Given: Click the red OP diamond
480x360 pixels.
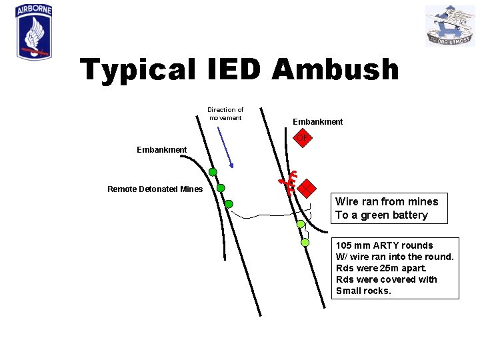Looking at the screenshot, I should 303,138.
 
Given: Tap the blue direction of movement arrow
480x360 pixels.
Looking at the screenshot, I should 225,147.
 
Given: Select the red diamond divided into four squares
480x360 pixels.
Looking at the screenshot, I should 306,189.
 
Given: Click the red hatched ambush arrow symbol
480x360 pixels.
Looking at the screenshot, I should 287,182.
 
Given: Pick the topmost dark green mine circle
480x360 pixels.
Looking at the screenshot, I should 213,172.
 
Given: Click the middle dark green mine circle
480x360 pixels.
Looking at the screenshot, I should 221,188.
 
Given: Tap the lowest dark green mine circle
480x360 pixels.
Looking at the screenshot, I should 229,204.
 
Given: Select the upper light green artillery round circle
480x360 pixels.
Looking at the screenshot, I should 301,224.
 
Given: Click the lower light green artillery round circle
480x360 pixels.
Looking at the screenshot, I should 305,242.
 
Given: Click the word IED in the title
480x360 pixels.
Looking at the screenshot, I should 230,69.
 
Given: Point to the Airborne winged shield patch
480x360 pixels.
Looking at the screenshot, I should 33,33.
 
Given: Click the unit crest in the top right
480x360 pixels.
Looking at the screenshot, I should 450,25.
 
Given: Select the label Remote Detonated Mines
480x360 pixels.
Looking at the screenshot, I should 155,189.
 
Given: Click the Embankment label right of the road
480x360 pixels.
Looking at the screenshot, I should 318,122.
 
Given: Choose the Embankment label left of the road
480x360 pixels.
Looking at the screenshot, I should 161,150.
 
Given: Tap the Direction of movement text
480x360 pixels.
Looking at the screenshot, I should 225,113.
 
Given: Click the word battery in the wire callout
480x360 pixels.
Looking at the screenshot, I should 408,215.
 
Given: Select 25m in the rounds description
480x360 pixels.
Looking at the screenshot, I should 387,268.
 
